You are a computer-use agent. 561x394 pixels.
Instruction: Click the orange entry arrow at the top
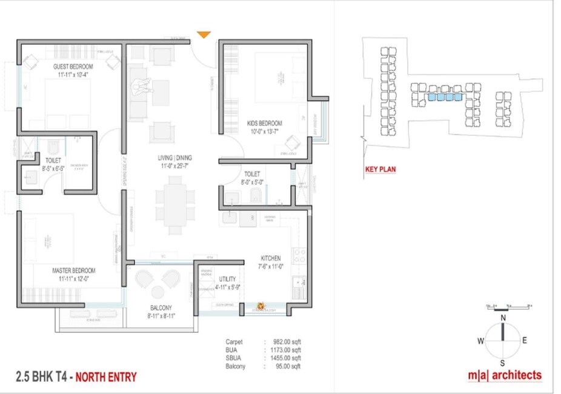pos(204,35)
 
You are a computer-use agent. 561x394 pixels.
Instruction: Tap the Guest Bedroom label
pos(73,66)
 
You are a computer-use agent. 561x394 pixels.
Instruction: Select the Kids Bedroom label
pos(264,123)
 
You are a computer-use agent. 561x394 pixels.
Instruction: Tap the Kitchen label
pos(270,258)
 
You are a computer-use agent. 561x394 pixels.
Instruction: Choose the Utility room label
pos(227,279)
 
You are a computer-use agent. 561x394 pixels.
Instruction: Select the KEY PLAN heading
pos(380,170)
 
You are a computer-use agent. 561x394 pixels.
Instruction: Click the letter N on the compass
pos(503,318)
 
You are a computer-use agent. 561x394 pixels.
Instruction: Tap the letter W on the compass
pos(480,341)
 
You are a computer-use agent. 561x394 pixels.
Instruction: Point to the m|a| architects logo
pos(504,375)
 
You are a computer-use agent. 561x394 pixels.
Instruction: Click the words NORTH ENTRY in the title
pos(107,377)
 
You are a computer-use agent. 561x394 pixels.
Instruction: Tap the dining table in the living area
pos(174,205)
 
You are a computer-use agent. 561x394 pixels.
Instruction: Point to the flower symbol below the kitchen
pos(262,307)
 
